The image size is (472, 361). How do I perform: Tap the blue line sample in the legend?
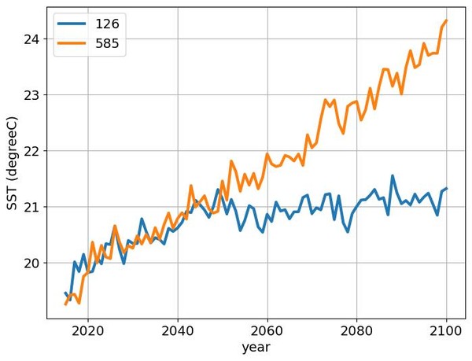click(x=72, y=24)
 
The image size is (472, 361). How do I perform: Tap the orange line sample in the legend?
click(x=72, y=44)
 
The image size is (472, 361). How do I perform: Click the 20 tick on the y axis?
click(x=31, y=263)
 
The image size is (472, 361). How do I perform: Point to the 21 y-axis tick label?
click(x=31, y=207)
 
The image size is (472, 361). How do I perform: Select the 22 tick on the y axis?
click(x=31, y=151)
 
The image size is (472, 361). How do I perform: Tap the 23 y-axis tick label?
click(x=31, y=95)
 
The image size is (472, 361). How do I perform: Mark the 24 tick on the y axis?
click(x=31, y=39)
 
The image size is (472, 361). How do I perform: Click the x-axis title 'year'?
click(x=257, y=347)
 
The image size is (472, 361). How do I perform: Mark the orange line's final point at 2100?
click(x=446, y=20)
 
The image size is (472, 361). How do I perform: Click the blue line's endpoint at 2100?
click(x=446, y=189)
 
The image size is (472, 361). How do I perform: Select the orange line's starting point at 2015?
click(x=65, y=304)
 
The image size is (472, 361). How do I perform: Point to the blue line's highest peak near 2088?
click(x=393, y=176)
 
